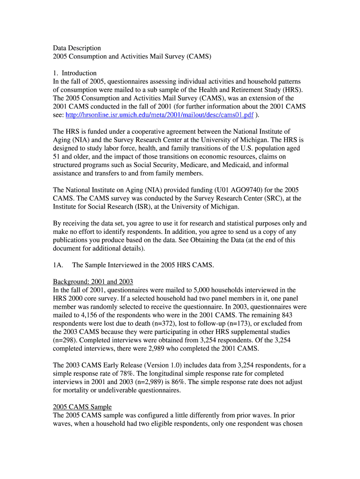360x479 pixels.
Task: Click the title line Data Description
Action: [77, 48]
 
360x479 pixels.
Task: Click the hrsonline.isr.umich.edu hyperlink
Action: [160, 115]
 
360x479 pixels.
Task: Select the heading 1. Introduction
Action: [75, 73]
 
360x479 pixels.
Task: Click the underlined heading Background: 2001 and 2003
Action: [93, 282]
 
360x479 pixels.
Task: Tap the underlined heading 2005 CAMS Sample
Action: [82, 407]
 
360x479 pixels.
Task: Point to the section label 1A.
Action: [58, 265]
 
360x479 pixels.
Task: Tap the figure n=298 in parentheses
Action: [65, 341]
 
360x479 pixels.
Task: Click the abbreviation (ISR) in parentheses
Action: [137, 207]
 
